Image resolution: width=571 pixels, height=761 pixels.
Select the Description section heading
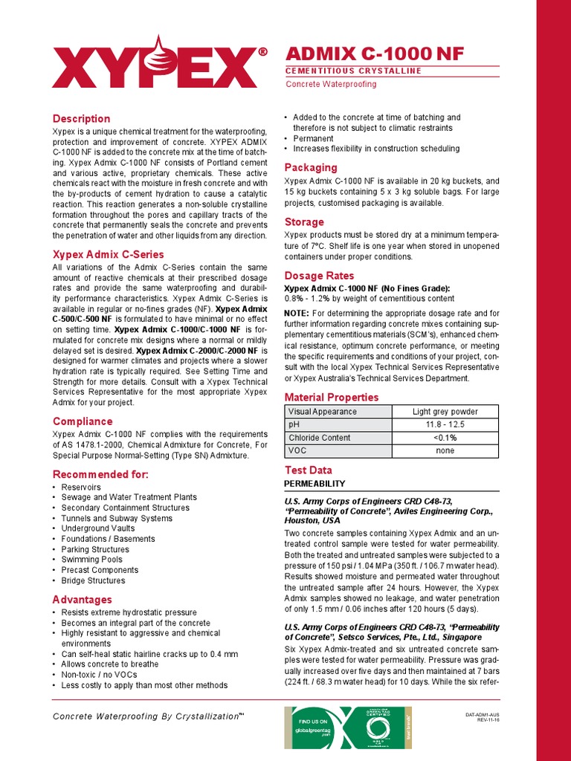point(81,119)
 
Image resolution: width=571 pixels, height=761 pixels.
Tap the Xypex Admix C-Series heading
point(108,254)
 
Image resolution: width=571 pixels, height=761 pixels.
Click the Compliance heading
point(82,421)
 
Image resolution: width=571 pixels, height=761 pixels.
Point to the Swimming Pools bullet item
point(92,560)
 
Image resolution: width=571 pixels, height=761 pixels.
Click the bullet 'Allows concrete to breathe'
point(109,664)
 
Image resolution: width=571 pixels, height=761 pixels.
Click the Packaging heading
point(311,167)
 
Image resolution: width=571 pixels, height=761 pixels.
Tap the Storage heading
point(304,221)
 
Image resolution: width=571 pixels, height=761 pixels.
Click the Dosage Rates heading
point(319,276)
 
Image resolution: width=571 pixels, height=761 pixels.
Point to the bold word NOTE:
point(297,313)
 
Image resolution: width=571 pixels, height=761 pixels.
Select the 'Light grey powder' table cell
point(445,411)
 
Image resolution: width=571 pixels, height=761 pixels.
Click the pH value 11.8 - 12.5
point(445,424)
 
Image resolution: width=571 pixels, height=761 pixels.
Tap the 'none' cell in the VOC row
point(445,450)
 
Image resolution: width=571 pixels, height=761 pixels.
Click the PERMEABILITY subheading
point(315,484)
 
